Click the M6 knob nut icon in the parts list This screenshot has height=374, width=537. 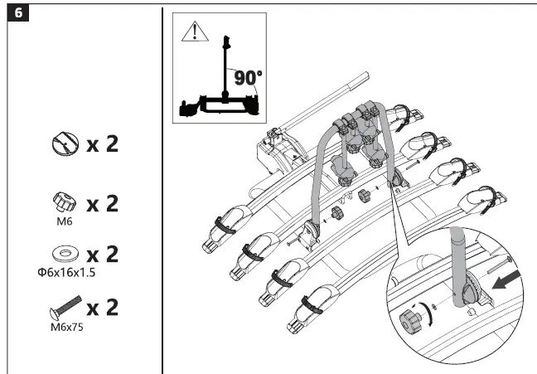(65, 202)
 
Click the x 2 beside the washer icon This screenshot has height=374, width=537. (103, 254)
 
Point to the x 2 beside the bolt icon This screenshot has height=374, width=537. (103, 308)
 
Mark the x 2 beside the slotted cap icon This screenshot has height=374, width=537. (103, 144)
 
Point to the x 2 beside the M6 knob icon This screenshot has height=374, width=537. (103, 202)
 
